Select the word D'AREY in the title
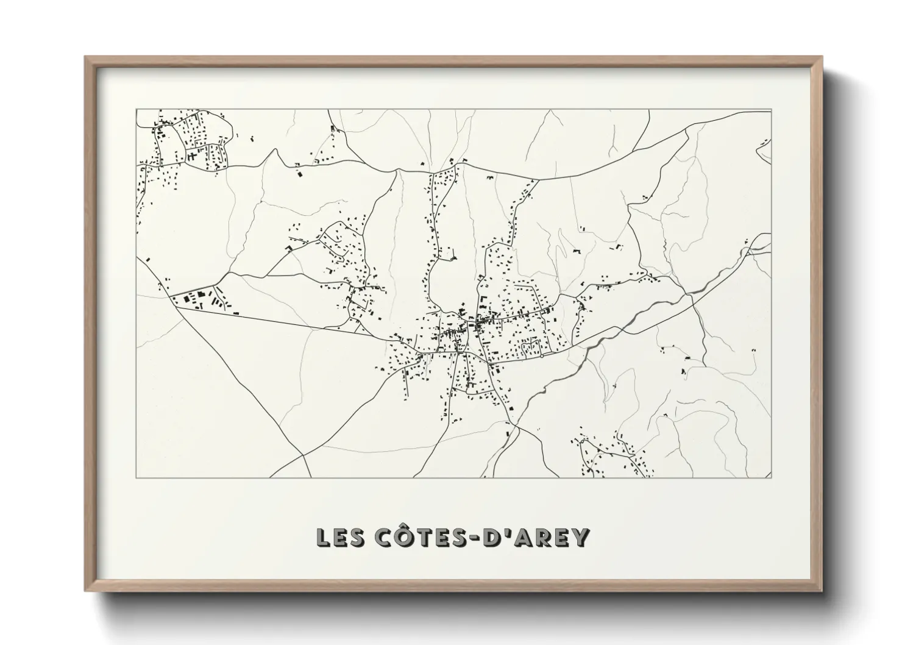click(x=536, y=537)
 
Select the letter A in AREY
click(x=521, y=537)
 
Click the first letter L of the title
click(x=322, y=537)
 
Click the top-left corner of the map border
click(x=136, y=110)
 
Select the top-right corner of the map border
click(x=772, y=110)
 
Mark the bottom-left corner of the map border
click(x=136, y=478)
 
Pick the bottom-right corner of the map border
click(x=772, y=478)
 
